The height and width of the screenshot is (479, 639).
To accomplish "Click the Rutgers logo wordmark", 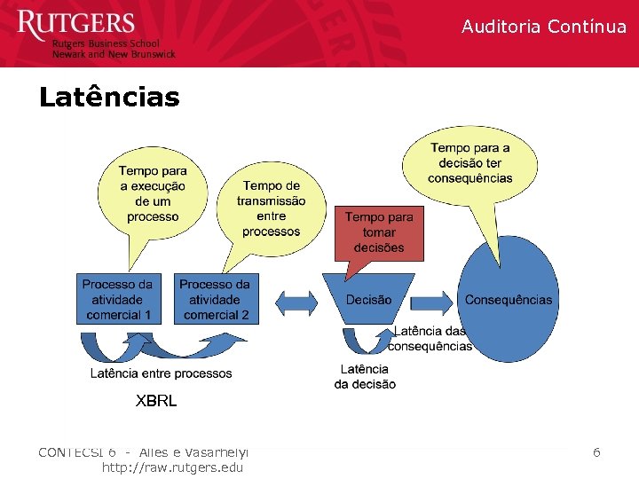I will click(x=75, y=24).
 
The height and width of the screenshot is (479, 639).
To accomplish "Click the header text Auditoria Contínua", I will click(x=543, y=27).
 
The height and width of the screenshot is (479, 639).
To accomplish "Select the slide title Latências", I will click(x=109, y=96).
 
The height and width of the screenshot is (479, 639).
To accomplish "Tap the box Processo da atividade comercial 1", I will click(x=118, y=299).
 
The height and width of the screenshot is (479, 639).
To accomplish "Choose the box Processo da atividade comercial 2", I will click(x=215, y=299).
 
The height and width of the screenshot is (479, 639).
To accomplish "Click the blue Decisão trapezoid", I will click(x=368, y=300).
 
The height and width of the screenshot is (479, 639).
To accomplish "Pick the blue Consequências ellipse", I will click(x=509, y=300).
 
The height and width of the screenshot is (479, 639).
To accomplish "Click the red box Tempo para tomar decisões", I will click(x=379, y=232).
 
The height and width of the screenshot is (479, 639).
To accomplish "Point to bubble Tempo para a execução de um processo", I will click(x=153, y=193).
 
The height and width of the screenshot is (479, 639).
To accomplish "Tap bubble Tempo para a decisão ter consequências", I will click(x=469, y=162).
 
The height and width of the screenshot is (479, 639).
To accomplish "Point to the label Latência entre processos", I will click(x=161, y=373).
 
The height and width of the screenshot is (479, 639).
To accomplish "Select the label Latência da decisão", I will click(x=365, y=377).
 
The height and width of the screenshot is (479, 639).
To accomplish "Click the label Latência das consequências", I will click(x=430, y=339).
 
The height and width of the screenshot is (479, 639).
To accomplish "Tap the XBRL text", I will click(x=156, y=401).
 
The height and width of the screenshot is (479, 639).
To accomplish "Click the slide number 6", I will click(x=596, y=452).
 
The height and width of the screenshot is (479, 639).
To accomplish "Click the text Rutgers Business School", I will click(x=106, y=43).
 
